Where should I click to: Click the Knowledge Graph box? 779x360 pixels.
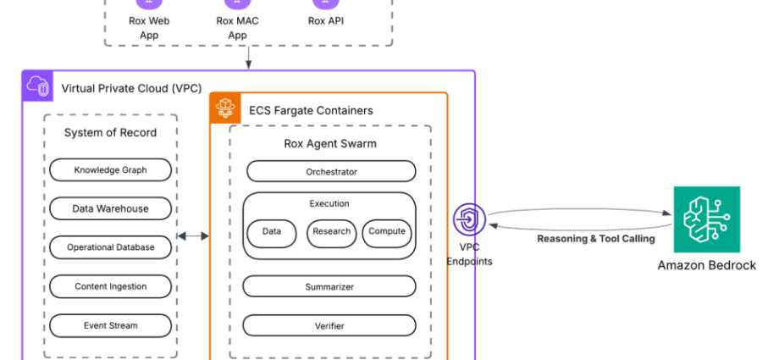coord(110,170)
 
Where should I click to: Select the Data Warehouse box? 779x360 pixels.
coord(110,208)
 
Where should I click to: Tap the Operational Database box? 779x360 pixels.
coord(110,247)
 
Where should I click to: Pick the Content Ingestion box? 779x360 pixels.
coord(110,286)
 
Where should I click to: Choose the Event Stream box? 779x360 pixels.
coord(110,325)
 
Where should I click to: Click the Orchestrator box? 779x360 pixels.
coord(331,172)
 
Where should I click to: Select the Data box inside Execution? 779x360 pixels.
coord(271,232)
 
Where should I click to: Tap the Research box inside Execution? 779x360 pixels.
coord(331,232)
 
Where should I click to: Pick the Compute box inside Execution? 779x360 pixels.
coord(387,231)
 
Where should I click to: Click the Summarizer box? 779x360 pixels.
coord(329,287)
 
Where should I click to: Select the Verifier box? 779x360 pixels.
coord(329,326)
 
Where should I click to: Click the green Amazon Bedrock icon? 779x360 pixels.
coord(706,219)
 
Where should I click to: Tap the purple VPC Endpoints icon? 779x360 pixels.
coord(469,219)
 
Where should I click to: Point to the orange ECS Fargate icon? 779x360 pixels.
coord(225,109)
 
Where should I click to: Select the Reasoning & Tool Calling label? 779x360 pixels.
coord(596,239)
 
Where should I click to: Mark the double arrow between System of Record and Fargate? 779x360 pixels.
coord(193,236)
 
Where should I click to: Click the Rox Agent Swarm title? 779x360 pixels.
coord(330,143)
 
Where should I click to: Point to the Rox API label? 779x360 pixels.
coord(326,21)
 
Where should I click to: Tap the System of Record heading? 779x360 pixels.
coord(110,133)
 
